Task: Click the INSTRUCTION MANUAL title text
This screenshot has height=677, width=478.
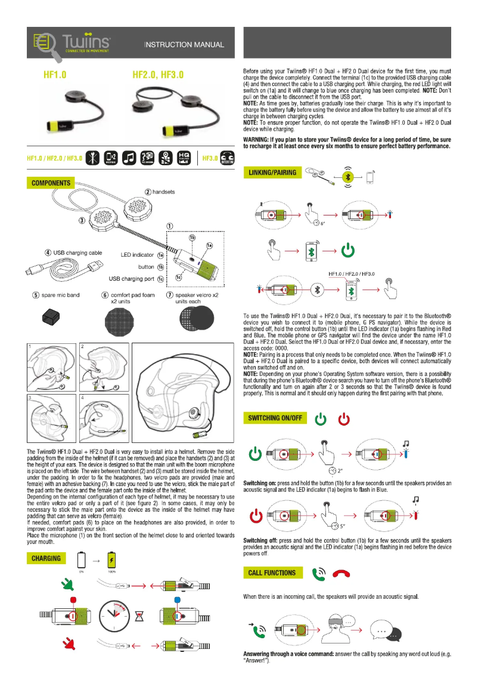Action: pyautogui.click(x=185, y=45)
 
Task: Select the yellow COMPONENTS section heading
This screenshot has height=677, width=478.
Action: pyautogui.click(x=51, y=183)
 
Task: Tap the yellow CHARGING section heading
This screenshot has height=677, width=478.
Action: pyautogui.click(x=46, y=558)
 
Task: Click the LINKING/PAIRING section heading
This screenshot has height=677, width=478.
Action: pyautogui.click(x=272, y=173)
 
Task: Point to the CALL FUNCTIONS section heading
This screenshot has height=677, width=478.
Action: pyautogui.click(x=272, y=573)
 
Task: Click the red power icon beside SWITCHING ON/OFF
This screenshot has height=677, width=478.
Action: pyautogui.click(x=344, y=420)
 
